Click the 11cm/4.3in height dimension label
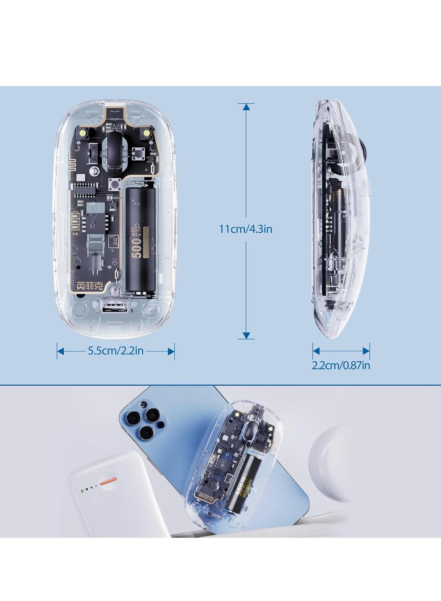click(x=246, y=229)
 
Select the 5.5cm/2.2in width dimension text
click(x=116, y=351)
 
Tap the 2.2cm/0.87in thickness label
click(x=341, y=366)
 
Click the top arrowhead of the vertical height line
click(x=246, y=107)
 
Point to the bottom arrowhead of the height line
click(x=246, y=335)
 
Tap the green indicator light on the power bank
click(x=82, y=491)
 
